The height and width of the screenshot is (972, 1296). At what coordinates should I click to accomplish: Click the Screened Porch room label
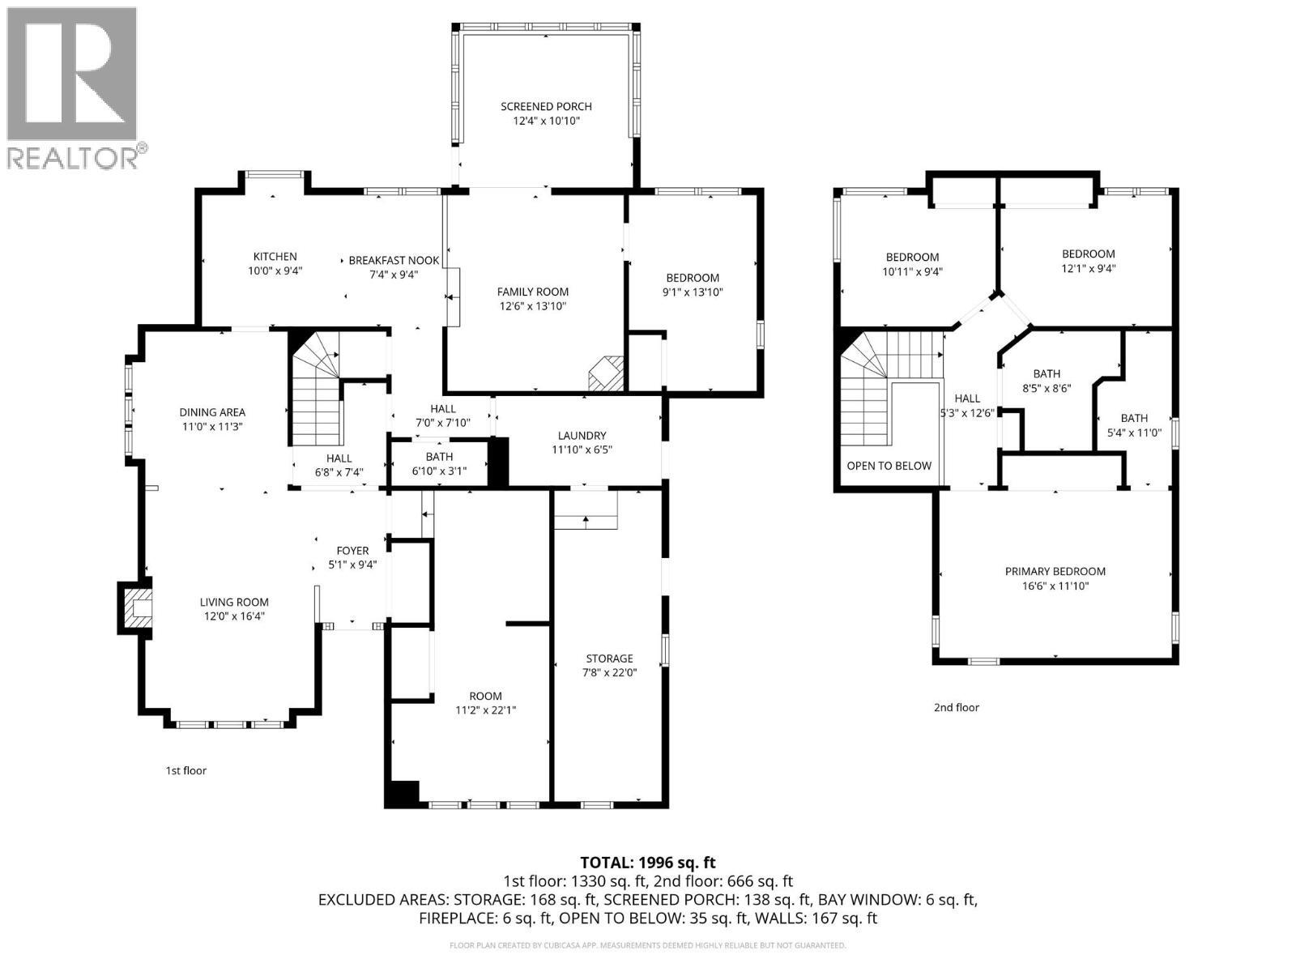tap(546, 106)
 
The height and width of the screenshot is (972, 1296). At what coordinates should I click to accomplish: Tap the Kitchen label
tap(275, 257)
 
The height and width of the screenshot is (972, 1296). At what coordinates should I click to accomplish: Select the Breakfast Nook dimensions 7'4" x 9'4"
tap(393, 275)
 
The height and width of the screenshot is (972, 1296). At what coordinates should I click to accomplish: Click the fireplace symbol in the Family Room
tap(606, 374)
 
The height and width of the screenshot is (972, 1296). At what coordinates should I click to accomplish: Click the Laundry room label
tap(582, 435)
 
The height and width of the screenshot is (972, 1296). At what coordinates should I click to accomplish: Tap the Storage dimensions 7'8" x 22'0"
tap(609, 672)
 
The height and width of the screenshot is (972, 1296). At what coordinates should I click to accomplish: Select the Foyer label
tap(352, 551)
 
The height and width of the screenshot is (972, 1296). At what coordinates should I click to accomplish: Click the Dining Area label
tap(212, 412)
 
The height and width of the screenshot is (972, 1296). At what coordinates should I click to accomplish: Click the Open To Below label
tap(889, 466)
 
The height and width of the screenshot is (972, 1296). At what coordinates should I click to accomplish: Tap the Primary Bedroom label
tap(1055, 571)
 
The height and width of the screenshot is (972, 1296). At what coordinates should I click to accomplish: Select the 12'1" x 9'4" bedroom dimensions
tap(1088, 268)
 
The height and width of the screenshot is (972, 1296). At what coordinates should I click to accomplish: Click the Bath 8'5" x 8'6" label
tap(1047, 373)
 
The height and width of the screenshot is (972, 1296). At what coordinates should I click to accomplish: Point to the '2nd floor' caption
tap(956, 707)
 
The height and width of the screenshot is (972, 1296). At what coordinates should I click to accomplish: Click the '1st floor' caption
tap(185, 770)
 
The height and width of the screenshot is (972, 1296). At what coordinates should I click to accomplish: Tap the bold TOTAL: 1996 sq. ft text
tap(647, 863)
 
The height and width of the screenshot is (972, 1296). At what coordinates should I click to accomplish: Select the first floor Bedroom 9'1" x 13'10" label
tap(692, 278)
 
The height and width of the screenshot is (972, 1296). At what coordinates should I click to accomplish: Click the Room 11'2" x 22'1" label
tap(485, 696)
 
